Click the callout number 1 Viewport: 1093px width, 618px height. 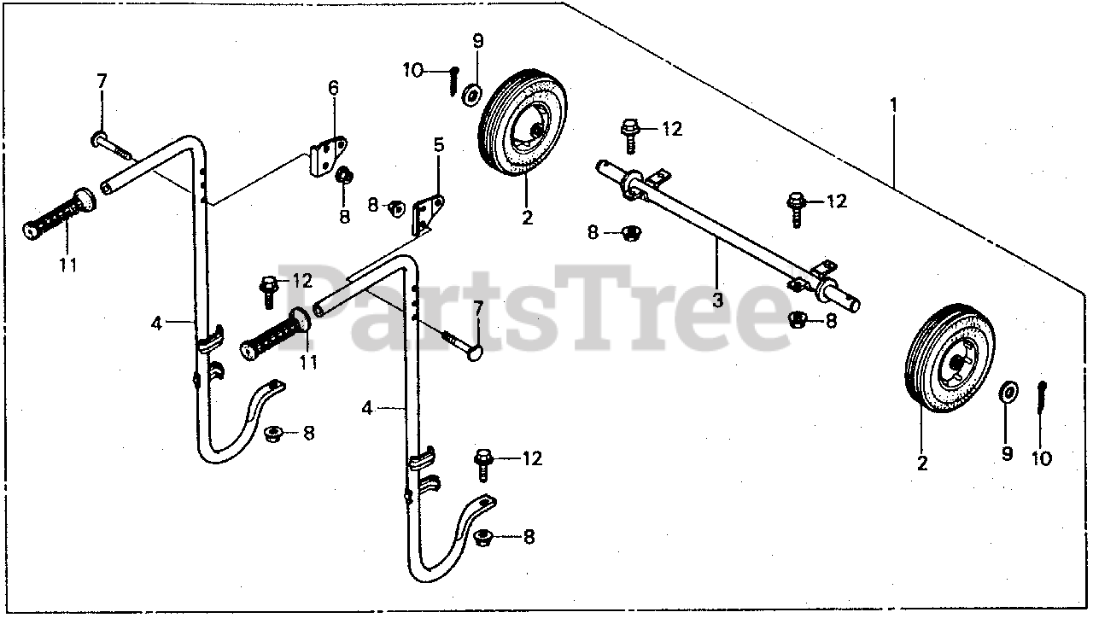(x=894, y=105)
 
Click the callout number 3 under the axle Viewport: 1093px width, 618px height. (x=717, y=300)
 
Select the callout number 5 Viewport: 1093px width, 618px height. (x=439, y=145)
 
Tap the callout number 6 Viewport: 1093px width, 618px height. (x=333, y=87)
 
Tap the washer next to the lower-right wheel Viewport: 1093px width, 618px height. (x=1008, y=392)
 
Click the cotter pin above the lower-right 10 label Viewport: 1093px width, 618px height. (x=1043, y=399)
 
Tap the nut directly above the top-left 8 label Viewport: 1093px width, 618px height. (x=345, y=177)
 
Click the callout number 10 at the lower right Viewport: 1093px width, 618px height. (x=1042, y=458)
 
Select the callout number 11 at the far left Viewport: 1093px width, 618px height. (x=68, y=265)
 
